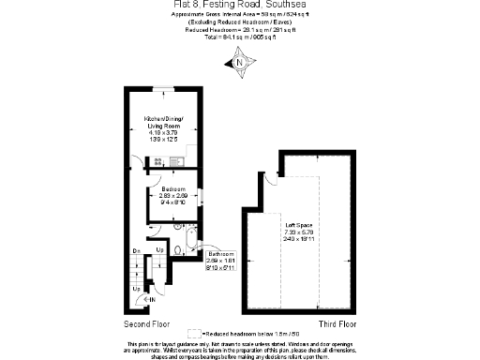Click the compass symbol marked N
[x=241, y=63]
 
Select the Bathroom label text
[x=220, y=254]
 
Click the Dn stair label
[x=136, y=250]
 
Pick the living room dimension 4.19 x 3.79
[x=164, y=132]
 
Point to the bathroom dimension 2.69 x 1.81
[x=220, y=261]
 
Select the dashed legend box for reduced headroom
[x=195, y=334]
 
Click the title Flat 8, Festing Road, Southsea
[x=240, y=6]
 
